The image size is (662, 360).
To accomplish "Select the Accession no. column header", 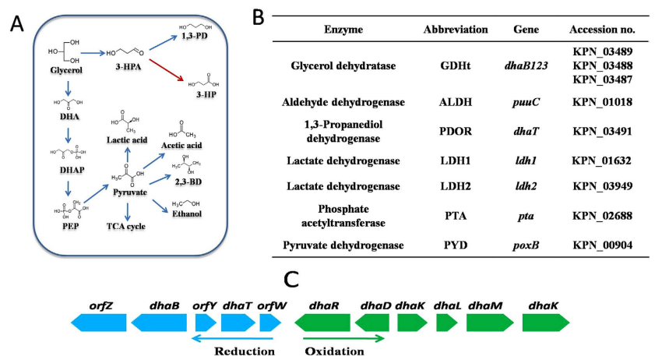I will point(602,29).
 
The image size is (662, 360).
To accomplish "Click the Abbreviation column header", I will point(456,29).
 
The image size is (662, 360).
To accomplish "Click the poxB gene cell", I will point(527,245).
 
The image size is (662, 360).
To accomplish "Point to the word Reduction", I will point(245,351).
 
